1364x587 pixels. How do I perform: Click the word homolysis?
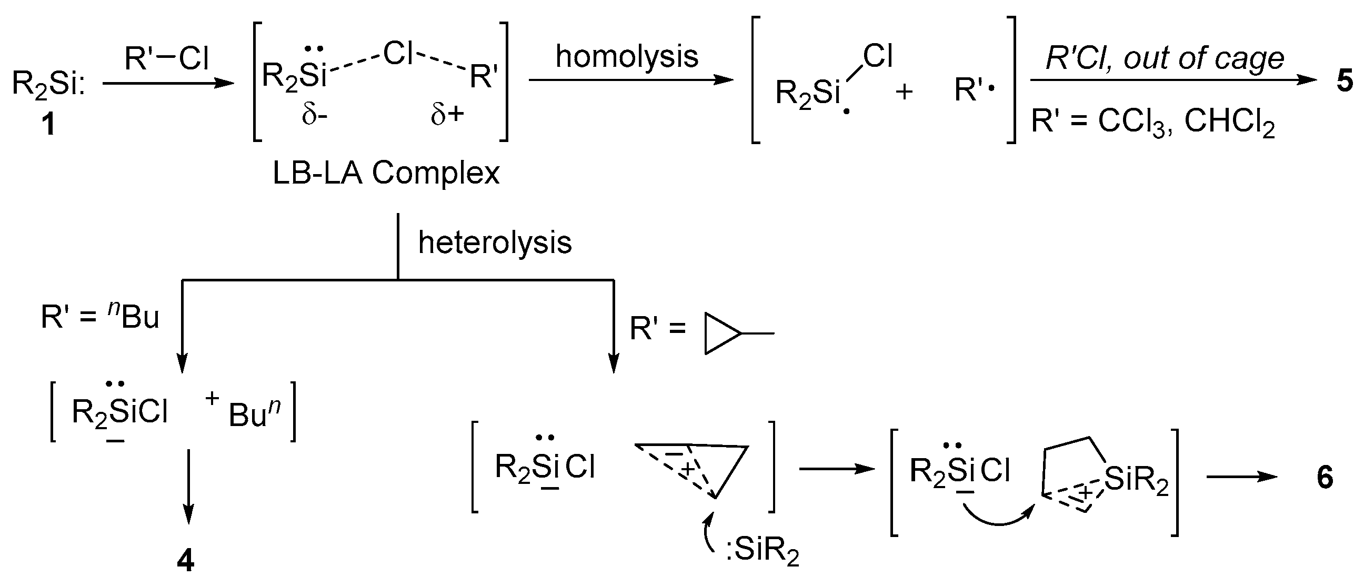[626, 57]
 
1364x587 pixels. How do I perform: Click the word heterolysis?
[495, 243]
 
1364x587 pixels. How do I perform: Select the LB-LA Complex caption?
[386, 173]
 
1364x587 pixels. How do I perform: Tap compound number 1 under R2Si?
[48, 125]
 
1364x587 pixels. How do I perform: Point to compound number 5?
[1345, 82]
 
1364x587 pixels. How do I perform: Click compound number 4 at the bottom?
[185, 560]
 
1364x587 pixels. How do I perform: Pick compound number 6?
[1325, 478]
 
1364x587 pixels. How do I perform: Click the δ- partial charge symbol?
[315, 115]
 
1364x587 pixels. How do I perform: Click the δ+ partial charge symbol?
[447, 115]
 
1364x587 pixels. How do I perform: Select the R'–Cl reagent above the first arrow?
[167, 58]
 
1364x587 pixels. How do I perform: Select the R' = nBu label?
[100, 318]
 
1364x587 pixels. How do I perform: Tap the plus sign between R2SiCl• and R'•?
[905, 92]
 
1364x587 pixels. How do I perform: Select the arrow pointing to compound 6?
[1242, 478]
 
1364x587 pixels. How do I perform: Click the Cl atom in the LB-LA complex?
[398, 54]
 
